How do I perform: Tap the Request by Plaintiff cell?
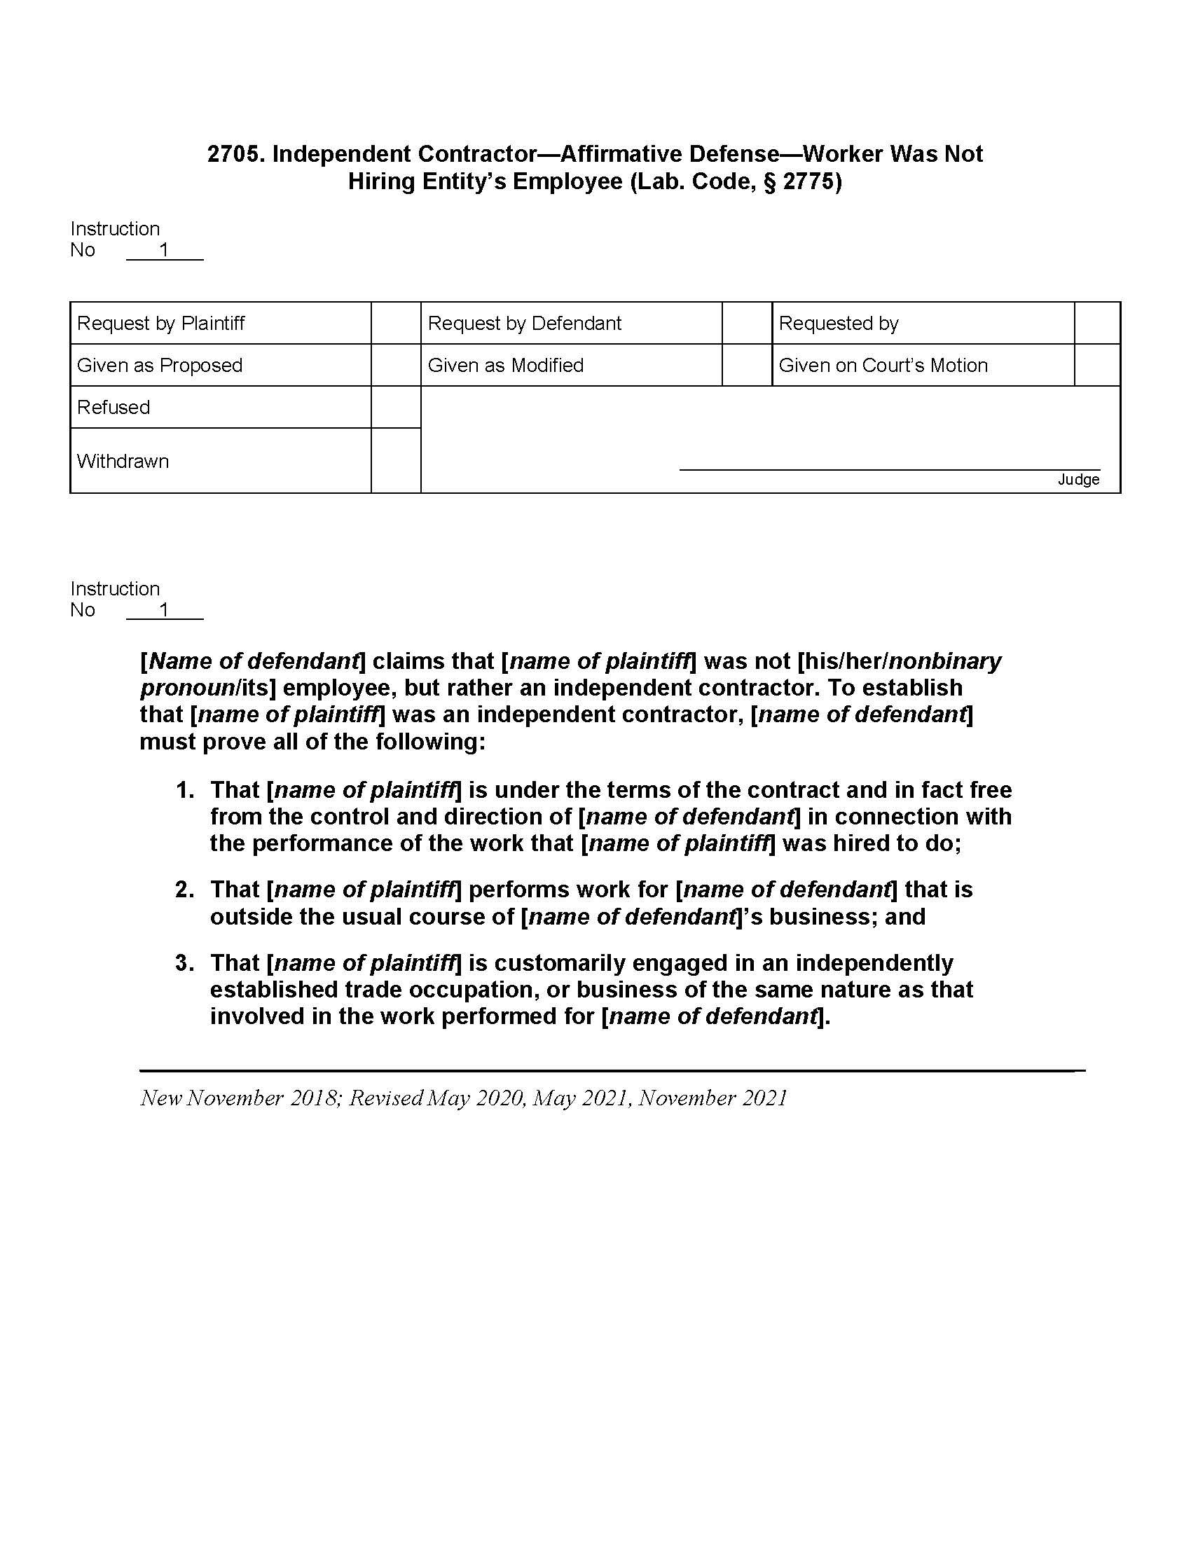[x=161, y=323]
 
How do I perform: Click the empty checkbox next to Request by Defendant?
[x=747, y=323]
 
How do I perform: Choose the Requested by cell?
[x=838, y=323]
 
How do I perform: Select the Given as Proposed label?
[x=160, y=366]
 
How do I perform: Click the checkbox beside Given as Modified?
[x=747, y=366]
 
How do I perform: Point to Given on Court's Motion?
[x=883, y=366]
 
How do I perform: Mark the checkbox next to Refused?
[x=396, y=407]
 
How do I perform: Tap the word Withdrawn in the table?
[x=123, y=462]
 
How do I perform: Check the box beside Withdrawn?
[x=396, y=461]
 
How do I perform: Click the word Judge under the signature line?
[x=1078, y=480]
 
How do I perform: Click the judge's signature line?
[x=889, y=469]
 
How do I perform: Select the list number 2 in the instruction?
[x=185, y=890]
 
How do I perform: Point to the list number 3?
[x=185, y=963]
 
